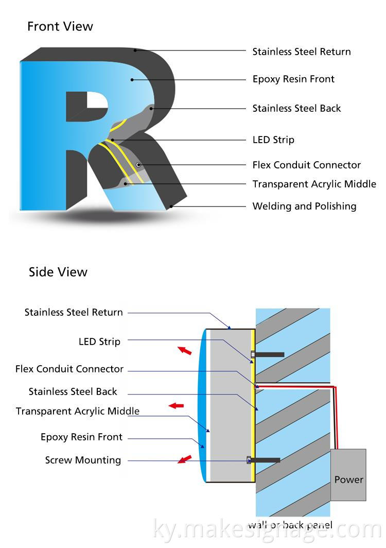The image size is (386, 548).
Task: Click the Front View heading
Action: tap(60, 26)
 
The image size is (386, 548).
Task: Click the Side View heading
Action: tap(58, 272)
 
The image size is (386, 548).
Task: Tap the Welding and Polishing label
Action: tap(304, 206)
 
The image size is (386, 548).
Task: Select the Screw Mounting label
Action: tap(83, 460)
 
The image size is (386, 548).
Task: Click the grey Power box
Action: tap(348, 475)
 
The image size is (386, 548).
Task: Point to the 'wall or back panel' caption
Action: tap(290, 525)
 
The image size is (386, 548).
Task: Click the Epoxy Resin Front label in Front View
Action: tap(293, 79)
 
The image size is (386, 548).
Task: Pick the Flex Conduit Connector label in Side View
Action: tap(69, 369)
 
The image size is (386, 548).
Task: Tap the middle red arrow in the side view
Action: tap(177, 406)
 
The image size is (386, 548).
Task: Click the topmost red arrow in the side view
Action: tap(184, 351)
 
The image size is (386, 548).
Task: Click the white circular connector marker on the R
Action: tap(138, 164)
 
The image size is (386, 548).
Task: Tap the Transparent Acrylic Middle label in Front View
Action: tap(314, 184)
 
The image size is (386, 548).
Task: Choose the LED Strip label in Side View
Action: tap(99, 341)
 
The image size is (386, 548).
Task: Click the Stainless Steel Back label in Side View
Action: tap(73, 392)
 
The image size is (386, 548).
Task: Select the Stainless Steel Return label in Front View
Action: tap(301, 52)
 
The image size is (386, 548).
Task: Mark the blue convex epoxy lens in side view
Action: tap(202, 405)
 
